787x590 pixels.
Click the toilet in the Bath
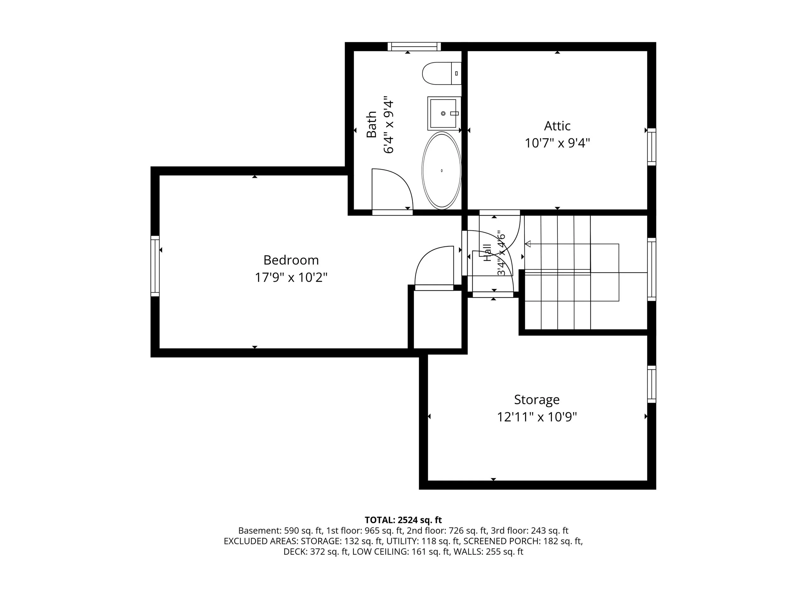tap(442, 73)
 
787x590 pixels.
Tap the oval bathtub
tap(442, 170)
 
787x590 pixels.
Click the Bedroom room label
tap(291, 260)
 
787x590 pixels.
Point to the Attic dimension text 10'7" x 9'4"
tap(558, 143)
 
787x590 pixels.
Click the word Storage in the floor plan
tap(537, 400)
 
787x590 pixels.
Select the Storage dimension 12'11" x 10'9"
tap(537, 417)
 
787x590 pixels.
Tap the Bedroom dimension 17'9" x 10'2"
tap(291, 277)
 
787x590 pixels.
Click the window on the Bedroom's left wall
tap(155, 266)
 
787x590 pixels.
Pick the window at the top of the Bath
tap(414, 47)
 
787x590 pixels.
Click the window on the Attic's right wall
tap(651, 147)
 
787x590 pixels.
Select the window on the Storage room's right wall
tap(651, 384)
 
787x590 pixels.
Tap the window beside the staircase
tap(651, 269)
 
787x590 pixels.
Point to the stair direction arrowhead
tap(528, 244)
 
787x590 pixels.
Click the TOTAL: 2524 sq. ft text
tap(403, 520)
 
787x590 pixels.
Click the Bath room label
tap(371, 124)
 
